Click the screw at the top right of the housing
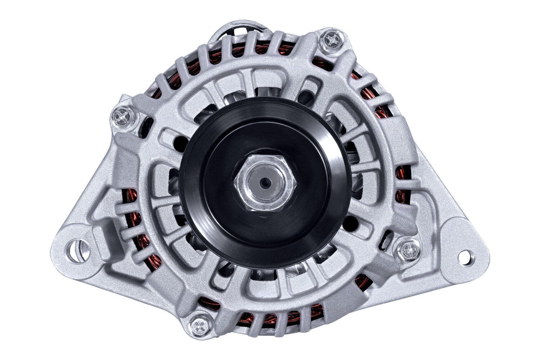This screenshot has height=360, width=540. tap(330, 41)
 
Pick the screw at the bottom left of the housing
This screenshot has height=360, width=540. tap(199, 326)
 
